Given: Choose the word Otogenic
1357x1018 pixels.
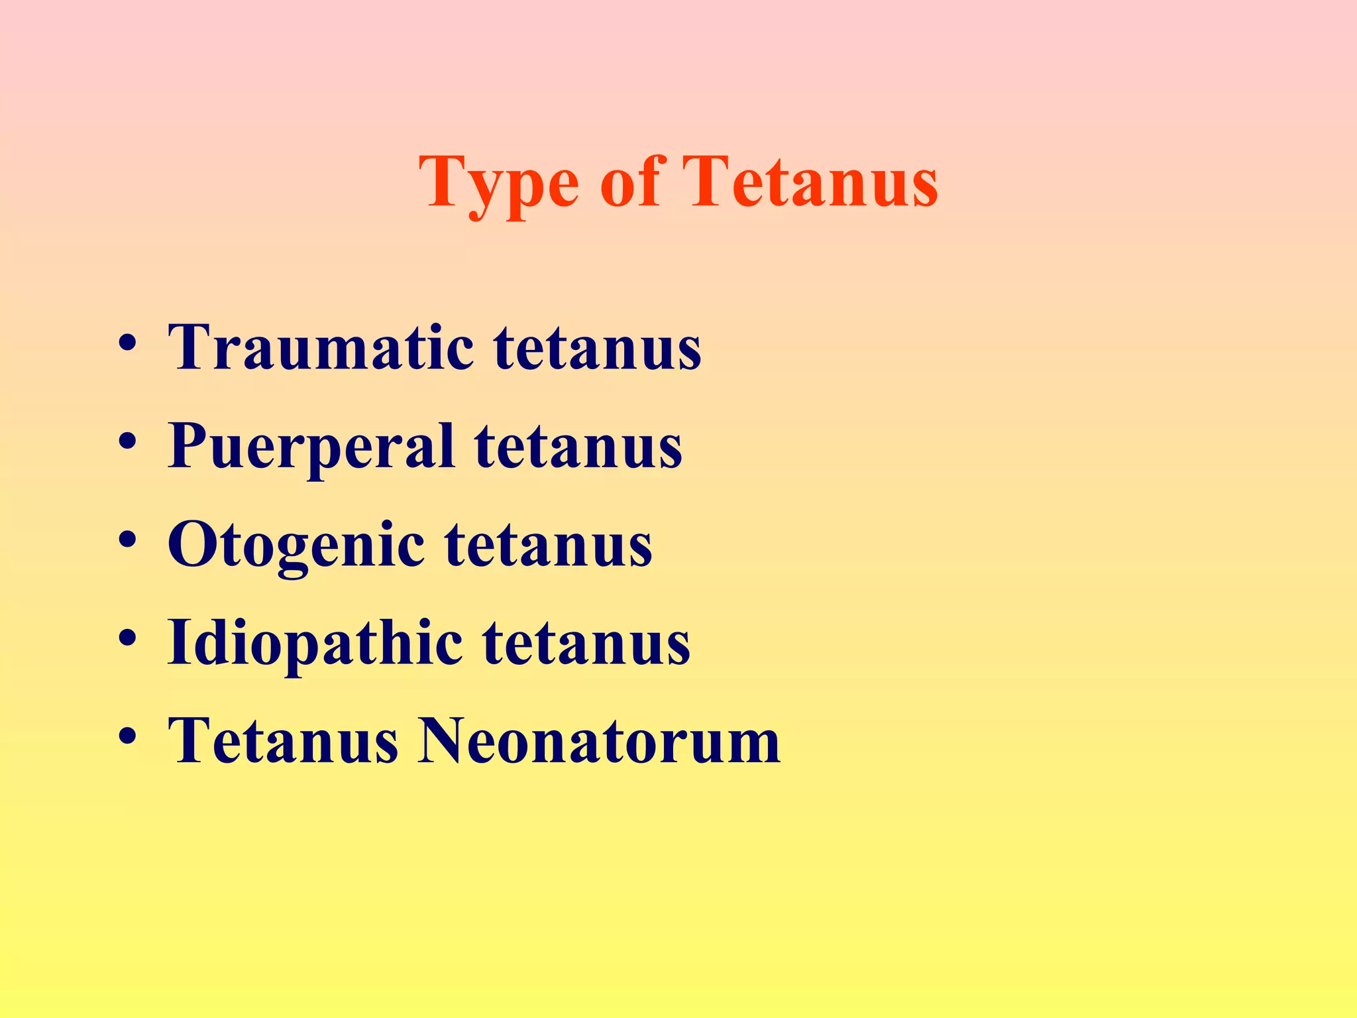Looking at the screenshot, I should [296, 545].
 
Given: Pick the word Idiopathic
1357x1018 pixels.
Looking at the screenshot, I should [315, 643].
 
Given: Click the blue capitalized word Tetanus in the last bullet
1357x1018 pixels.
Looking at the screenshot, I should [283, 740].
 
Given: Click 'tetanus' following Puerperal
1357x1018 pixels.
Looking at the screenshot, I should [578, 446].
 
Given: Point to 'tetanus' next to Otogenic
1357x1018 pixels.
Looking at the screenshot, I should [548, 545].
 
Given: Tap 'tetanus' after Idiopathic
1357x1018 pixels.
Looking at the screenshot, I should [586, 643].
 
